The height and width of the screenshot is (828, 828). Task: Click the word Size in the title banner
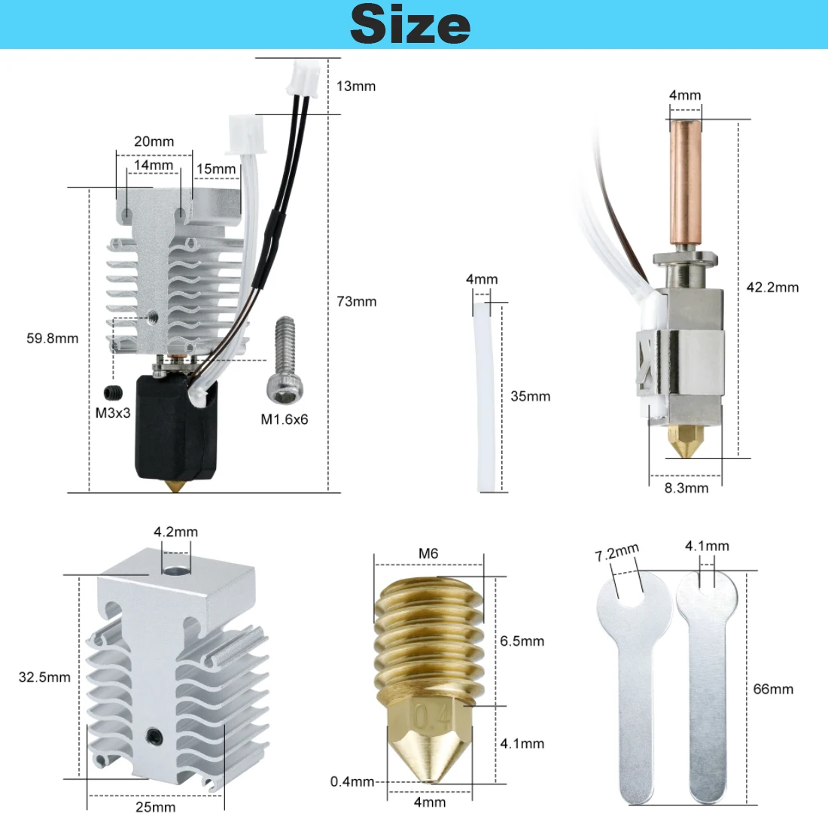tap(410, 24)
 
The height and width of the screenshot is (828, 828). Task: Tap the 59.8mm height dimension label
tap(53, 339)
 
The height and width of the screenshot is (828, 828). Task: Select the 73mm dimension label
tap(357, 302)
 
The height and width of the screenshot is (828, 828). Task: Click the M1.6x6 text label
tap(285, 420)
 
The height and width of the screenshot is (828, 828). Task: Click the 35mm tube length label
tap(530, 397)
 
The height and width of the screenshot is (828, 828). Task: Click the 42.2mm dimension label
tap(772, 288)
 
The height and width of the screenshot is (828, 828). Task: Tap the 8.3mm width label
tap(686, 489)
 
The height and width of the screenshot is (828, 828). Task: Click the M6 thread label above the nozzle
tap(428, 554)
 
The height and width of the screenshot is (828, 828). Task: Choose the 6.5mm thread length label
tap(522, 641)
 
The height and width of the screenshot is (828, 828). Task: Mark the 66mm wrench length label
tap(773, 689)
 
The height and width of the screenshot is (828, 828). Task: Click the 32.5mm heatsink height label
tap(44, 677)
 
